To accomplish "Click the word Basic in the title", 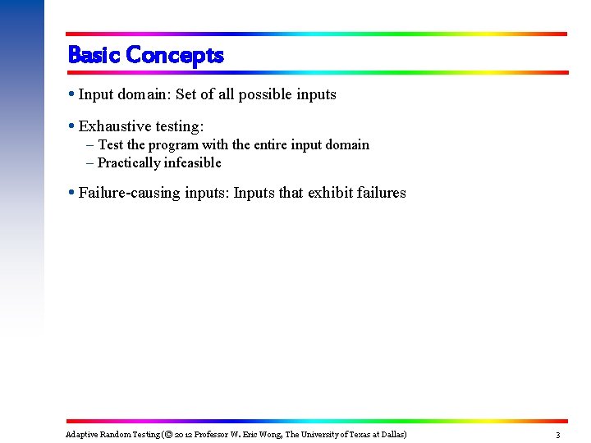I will pyautogui.click(x=94, y=55).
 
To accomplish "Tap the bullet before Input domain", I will pyautogui.click(x=72, y=94).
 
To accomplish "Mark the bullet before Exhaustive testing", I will pyautogui.click(x=72, y=126).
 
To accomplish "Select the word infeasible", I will pyautogui.click(x=193, y=162).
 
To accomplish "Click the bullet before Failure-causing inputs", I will pyautogui.click(x=72, y=193).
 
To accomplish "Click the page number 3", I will pyautogui.click(x=557, y=435).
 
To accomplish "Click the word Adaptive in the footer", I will pyautogui.click(x=81, y=434).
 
